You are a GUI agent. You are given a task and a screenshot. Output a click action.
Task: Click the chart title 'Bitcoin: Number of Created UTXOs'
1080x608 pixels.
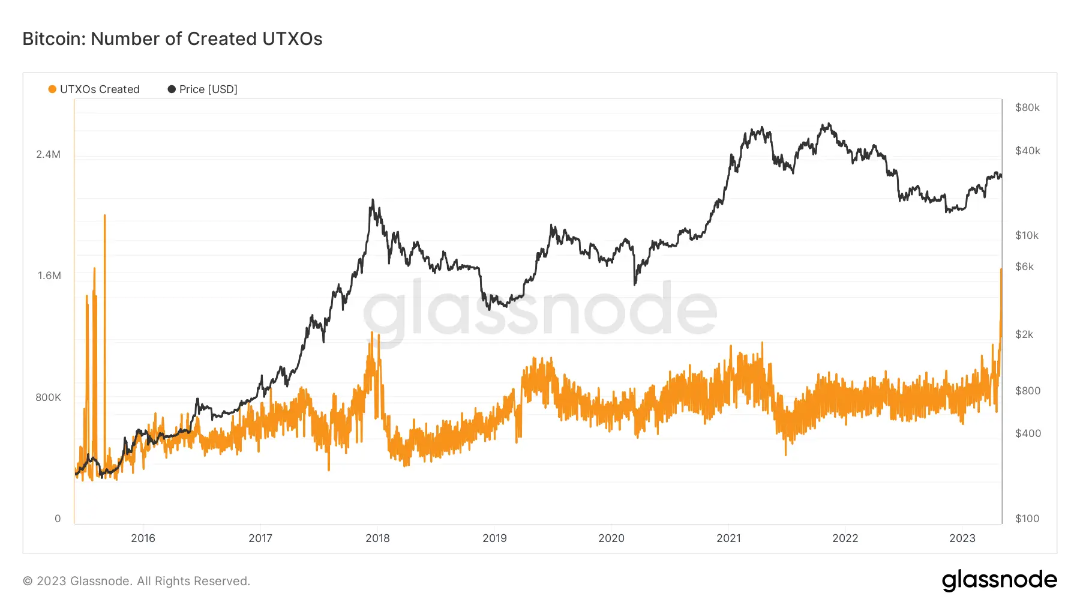(172, 39)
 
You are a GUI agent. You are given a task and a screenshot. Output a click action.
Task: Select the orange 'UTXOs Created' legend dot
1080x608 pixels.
(52, 89)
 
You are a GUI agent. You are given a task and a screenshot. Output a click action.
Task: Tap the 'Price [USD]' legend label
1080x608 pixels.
(208, 89)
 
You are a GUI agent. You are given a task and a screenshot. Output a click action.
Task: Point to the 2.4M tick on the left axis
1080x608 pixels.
(48, 154)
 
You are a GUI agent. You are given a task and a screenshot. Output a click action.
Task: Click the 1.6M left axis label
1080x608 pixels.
(49, 275)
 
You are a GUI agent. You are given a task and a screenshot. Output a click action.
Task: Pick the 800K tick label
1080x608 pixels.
(48, 397)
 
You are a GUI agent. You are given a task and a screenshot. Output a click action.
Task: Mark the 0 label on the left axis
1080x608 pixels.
(58, 519)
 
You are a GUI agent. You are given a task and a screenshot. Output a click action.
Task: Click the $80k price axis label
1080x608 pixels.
(1027, 107)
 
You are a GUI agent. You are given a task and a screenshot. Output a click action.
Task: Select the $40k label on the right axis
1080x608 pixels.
(1027, 151)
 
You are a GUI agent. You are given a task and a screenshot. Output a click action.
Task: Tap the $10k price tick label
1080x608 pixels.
(1027, 235)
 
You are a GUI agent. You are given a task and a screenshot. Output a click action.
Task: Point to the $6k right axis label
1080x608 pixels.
(1024, 266)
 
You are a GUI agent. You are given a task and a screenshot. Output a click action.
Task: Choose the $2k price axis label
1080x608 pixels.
(1024, 334)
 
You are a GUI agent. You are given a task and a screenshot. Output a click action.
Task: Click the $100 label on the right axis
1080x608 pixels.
(1027, 519)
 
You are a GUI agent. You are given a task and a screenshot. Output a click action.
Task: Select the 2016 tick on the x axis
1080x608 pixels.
(143, 538)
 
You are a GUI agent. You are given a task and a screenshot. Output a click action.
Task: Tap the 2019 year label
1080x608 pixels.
(494, 538)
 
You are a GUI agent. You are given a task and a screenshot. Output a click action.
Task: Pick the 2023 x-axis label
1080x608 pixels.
(962, 538)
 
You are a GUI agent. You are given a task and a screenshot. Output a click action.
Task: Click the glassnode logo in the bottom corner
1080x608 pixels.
(999, 580)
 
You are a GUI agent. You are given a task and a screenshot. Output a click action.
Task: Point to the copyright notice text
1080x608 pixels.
(136, 581)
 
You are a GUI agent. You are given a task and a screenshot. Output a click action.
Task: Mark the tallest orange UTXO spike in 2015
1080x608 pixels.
(105, 216)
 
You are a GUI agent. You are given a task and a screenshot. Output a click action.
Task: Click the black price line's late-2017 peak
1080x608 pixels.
(373, 200)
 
